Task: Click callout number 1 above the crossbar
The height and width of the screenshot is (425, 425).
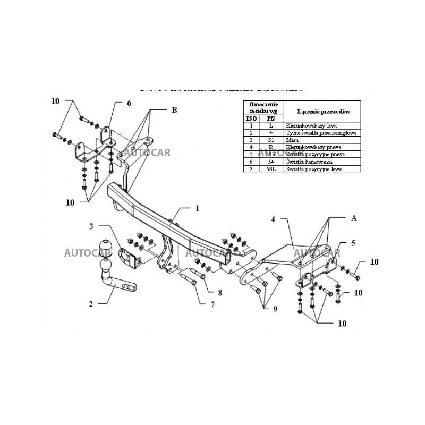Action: (197, 209)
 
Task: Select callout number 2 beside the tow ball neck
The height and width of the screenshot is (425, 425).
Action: (91, 304)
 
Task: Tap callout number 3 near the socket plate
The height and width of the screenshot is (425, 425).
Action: (91, 226)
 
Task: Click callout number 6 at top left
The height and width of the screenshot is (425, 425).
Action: (129, 103)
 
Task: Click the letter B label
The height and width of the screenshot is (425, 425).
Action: (174, 110)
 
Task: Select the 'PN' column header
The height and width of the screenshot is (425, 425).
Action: (271, 118)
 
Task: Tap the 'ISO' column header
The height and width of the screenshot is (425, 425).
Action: (251, 118)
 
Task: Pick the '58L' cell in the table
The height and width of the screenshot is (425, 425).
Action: (271, 168)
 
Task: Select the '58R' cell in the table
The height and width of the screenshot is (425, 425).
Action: (271, 154)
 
